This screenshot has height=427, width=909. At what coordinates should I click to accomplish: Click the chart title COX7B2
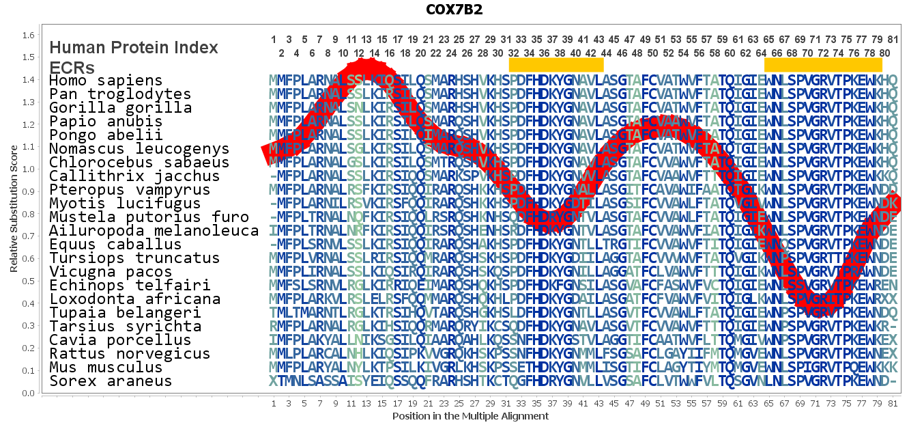(454, 10)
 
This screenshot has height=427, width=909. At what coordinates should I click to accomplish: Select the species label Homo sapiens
(106, 81)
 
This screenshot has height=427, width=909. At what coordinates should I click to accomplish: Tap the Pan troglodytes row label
(120, 94)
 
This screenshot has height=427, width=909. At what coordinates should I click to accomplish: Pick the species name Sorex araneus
(111, 381)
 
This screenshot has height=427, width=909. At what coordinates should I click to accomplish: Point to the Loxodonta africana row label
(134, 299)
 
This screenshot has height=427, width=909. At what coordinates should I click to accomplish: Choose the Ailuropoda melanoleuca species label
(154, 231)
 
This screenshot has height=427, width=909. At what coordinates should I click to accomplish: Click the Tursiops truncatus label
(134, 258)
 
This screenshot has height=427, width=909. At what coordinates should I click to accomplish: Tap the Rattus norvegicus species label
(130, 354)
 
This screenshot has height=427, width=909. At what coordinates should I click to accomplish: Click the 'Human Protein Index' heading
(134, 48)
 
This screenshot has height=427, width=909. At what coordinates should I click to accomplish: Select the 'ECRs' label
(72, 68)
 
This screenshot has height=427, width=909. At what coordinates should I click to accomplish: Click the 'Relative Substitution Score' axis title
(14, 213)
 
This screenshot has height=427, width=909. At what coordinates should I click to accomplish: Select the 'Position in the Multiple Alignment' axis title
(470, 416)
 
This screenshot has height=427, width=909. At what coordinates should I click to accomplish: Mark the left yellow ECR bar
(556, 64)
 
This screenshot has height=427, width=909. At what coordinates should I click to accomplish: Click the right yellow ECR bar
(823, 64)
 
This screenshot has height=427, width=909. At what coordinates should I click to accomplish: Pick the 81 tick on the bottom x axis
(893, 404)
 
